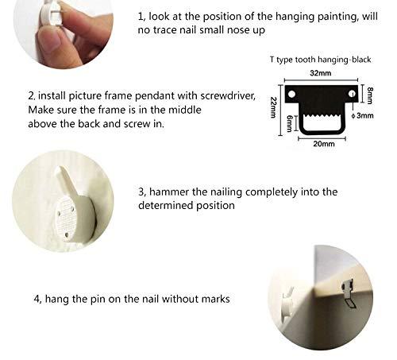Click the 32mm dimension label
[321, 73]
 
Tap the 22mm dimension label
[273, 107]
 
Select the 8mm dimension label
[370, 95]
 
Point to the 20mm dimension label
[324, 144]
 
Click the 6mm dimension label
[290, 123]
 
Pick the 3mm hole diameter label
[364, 115]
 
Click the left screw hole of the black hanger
[291, 95]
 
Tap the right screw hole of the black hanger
[352, 94]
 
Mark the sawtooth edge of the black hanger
[321, 116]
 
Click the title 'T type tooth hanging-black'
[320, 60]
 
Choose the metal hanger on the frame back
[348, 294]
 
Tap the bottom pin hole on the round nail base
[67, 234]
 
